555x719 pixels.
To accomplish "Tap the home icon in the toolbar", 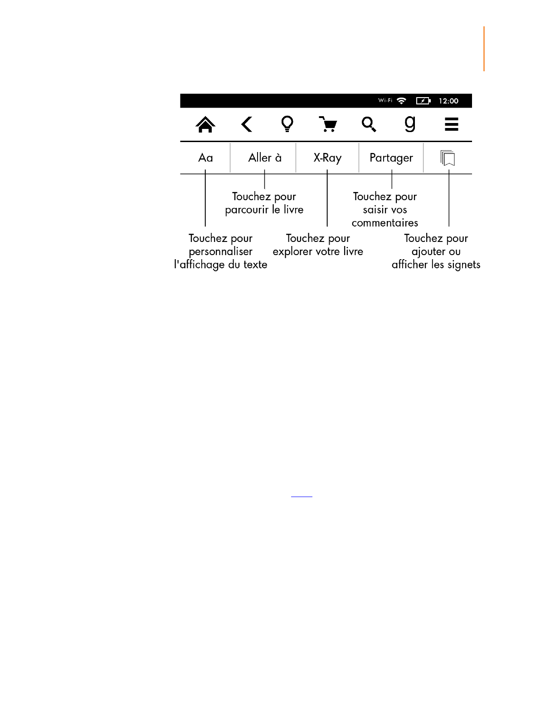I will [205, 124].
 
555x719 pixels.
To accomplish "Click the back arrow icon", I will [247, 124].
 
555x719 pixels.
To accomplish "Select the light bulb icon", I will [287, 123].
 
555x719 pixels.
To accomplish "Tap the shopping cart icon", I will [328, 124].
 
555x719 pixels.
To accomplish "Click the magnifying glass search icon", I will [369, 124].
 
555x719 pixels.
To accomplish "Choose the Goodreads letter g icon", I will [410, 123].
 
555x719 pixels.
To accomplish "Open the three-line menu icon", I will [451, 124].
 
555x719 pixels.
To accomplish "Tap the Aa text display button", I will [205, 158].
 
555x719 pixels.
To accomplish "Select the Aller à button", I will [265, 158].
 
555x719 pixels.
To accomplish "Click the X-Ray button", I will [327, 158].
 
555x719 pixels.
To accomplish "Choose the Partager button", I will [391, 158].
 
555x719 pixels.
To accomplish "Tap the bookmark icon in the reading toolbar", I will [448, 158].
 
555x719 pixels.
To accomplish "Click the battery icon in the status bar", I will [423, 101].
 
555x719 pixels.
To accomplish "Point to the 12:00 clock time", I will [448, 101].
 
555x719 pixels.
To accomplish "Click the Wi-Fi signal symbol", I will [401, 101].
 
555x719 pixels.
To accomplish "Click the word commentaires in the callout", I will [385, 223].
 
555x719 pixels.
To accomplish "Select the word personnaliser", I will [220, 251].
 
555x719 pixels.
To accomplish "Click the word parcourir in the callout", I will [247, 210].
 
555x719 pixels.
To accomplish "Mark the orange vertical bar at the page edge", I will [484, 49].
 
